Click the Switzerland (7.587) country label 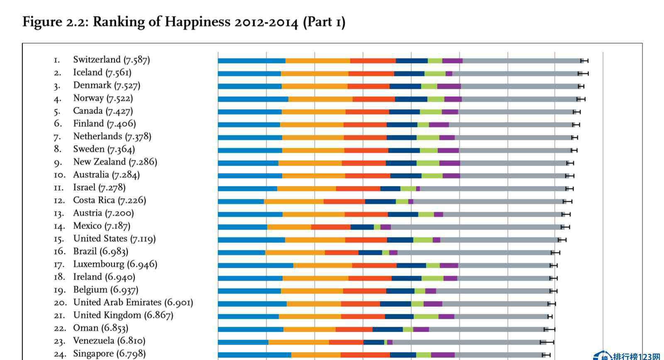pyautogui.click(x=112, y=60)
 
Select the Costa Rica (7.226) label pyautogui.click(x=110, y=201)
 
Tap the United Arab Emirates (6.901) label pyautogui.click(x=133, y=302)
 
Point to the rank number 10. pyautogui.click(x=59, y=175)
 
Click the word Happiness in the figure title pyautogui.click(x=198, y=22)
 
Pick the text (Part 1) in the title pyautogui.click(x=324, y=22)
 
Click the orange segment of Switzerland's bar pyautogui.click(x=318, y=61)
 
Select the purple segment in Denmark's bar pyautogui.click(x=449, y=86)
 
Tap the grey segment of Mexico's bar pyautogui.click(x=476, y=227)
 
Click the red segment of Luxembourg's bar pyautogui.click(x=374, y=265)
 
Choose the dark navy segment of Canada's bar pyautogui.click(x=404, y=112)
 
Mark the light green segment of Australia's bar pyautogui.click(x=432, y=176)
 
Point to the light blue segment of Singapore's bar pyautogui.click(x=255, y=355)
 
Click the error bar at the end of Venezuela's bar pyautogui.click(x=547, y=342)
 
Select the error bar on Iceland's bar pyautogui.click(x=583, y=73)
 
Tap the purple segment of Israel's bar pyautogui.click(x=418, y=189)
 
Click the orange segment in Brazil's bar pyautogui.click(x=295, y=252)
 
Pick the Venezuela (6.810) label pyautogui.click(x=109, y=341)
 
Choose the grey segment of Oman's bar pyautogui.click(x=486, y=329)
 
